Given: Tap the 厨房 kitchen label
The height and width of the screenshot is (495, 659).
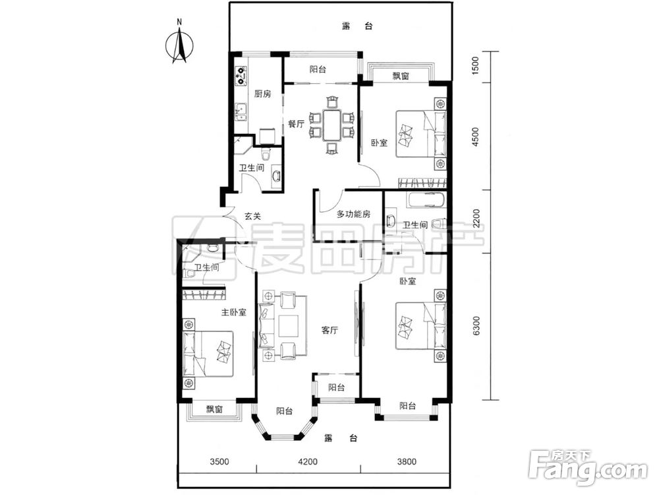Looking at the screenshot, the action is (263, 94).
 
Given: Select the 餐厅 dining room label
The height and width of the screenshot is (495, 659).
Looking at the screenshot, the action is (296, 124).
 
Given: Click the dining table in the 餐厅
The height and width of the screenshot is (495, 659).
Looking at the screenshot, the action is (332, 125).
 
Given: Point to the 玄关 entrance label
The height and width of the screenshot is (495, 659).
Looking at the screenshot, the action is (252, 216).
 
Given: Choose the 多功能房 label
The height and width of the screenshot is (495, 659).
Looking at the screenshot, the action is (353, 214).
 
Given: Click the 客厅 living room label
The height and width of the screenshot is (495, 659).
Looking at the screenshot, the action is (329, 331).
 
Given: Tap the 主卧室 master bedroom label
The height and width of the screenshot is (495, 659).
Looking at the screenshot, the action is (234, 312).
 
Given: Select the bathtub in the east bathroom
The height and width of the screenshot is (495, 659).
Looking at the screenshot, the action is (426, 200).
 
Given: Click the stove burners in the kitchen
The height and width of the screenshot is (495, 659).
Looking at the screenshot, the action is (241, 75).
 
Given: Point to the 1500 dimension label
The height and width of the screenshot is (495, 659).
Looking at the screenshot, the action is (475, 65).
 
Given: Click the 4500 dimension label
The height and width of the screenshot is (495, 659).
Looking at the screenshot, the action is (475, 137).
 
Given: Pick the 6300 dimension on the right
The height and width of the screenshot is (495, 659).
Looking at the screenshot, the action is (475, 326).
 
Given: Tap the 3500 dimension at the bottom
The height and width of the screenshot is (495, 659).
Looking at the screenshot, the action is (219, 462).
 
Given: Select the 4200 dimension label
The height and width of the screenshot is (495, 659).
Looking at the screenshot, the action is (308, 462).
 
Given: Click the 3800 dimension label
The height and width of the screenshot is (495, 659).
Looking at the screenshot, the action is (407, 462).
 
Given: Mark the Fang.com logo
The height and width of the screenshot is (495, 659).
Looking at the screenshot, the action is (588, 468).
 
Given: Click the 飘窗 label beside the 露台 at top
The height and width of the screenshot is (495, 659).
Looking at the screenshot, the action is (401, 76).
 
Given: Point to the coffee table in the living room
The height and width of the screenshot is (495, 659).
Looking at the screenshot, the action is (289, 325).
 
